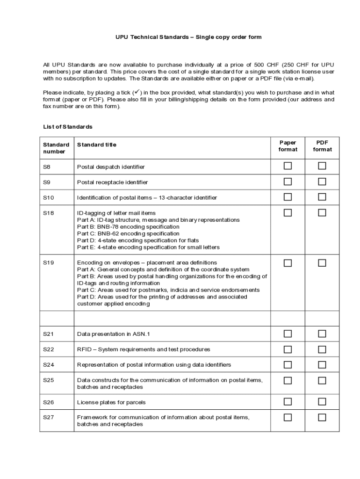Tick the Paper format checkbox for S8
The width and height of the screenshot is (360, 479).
(x=288, y=166)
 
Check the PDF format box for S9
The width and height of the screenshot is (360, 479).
(x=322, y=181)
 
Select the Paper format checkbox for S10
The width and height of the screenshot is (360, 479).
(x=288, y=197)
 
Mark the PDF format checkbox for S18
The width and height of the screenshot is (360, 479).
(x=322, y=213)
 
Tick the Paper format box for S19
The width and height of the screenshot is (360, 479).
(x=288, y=263)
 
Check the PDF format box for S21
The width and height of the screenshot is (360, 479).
(x=322, y=334)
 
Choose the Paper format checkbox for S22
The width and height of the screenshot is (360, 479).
(x=288, y=349)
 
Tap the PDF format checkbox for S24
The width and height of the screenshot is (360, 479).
(x=322, y=364)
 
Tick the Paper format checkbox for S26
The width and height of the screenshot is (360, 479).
(x=288, y=401)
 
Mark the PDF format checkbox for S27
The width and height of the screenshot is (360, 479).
(x=322, y=417)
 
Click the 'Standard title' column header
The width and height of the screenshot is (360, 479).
(x=97, y=145)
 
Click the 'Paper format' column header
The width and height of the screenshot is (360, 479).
(x=288, y=146)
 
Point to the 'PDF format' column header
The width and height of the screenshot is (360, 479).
(x=322, y=146)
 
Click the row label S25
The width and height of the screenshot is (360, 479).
(x=49, y=380)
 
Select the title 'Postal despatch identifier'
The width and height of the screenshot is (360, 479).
(x=111, y=167)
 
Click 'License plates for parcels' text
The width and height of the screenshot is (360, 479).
(x=111, y=402)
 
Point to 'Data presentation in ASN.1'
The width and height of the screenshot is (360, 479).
(x=113, y=334)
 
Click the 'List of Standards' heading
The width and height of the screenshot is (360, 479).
(x=68, y=127)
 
